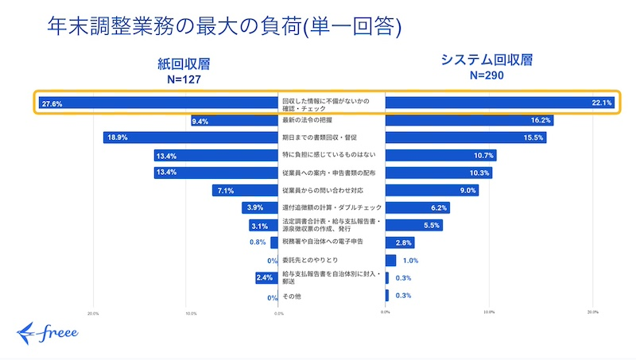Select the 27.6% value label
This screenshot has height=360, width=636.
coord(52,103)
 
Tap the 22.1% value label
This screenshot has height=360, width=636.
coord(601,103)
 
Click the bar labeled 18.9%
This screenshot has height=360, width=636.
coord(191,138)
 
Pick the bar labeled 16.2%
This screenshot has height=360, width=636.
coord(469,121)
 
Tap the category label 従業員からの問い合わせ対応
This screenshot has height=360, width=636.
coord(323,191)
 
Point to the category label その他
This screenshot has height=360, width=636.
coord(292,296)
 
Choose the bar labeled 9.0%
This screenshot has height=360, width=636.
coord(432,191)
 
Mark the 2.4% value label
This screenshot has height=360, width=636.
coord(266,278)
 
